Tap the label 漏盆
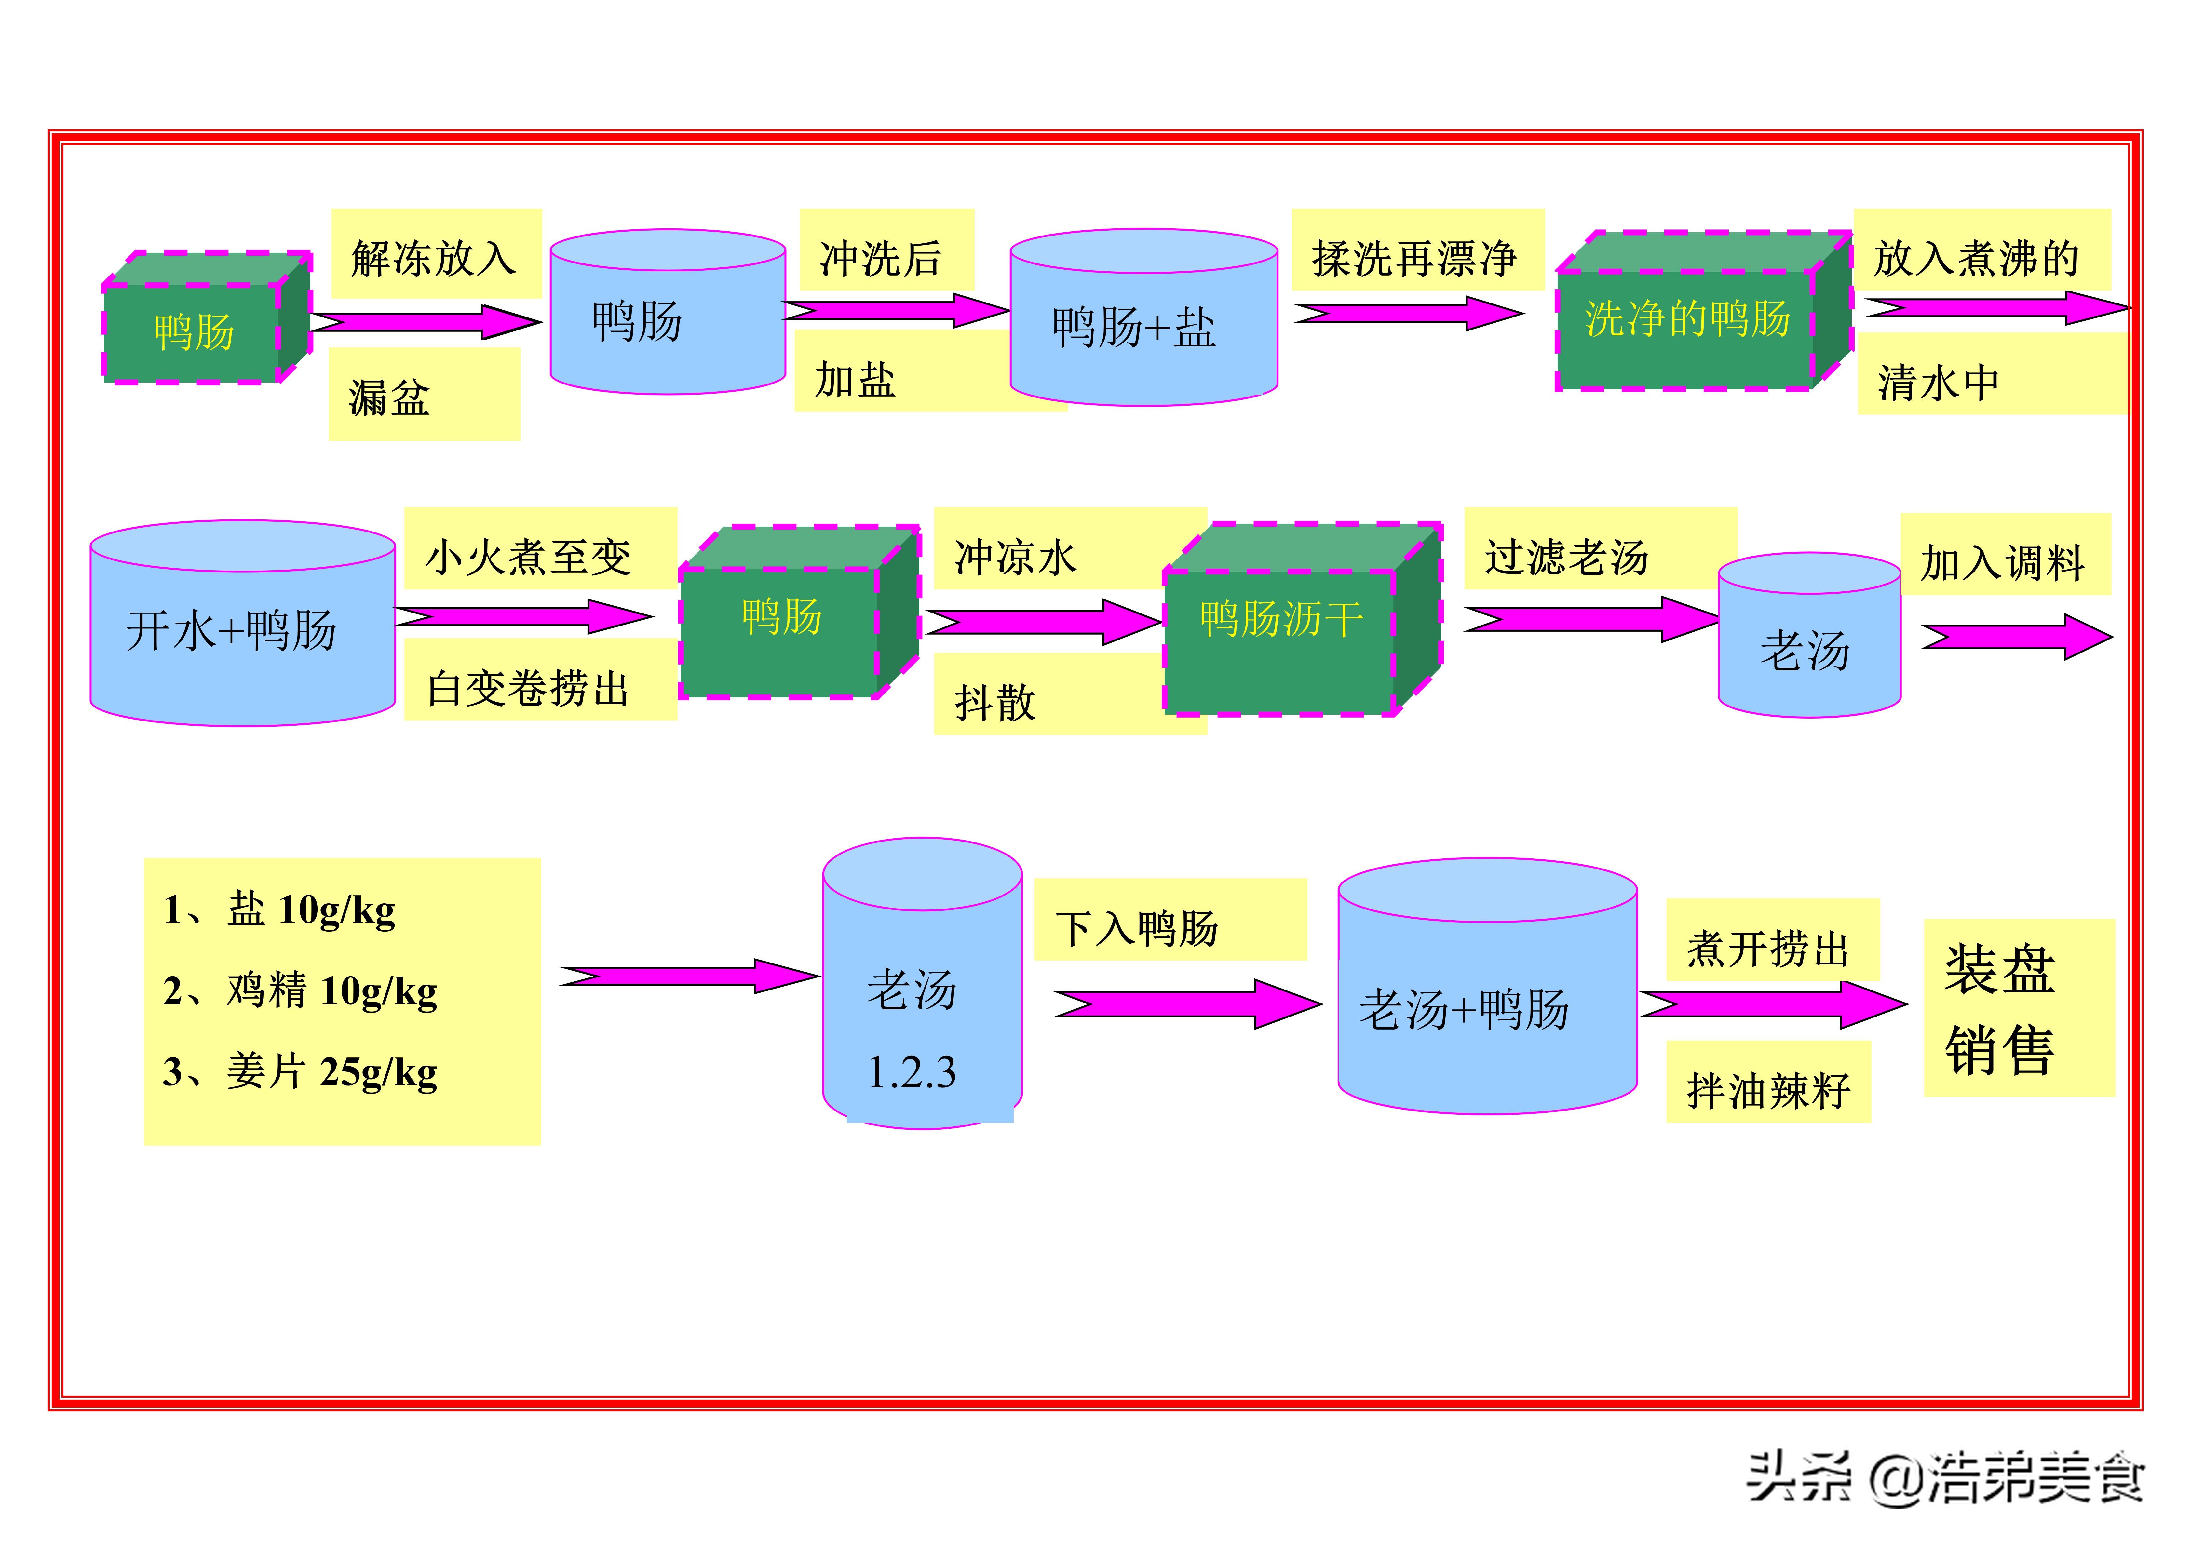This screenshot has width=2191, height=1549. tap(389, 397)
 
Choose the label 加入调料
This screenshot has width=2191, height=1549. tap(2002, 562)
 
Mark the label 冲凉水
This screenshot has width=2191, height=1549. tap(1015, 557)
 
